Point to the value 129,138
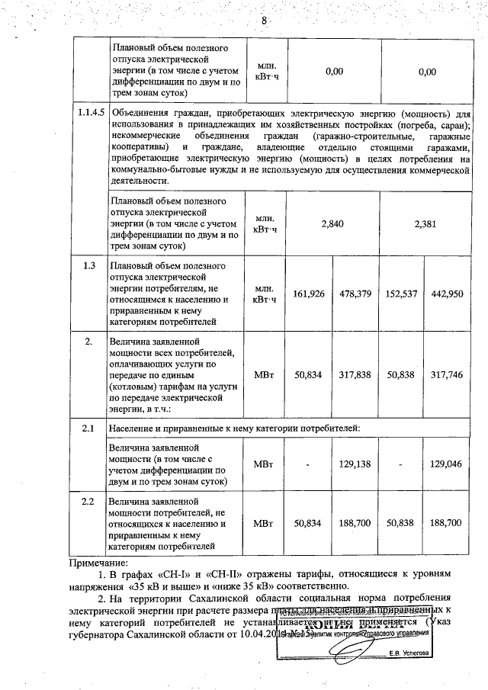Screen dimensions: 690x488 [355, 463]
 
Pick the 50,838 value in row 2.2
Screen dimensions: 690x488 [402, 524]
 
